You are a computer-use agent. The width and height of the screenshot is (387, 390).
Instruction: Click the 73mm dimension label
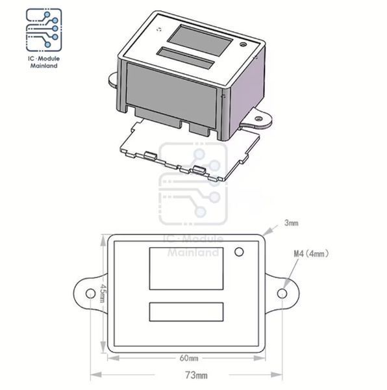pos(196,375)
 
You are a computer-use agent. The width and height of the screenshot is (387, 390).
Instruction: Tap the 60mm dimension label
pos(189,358)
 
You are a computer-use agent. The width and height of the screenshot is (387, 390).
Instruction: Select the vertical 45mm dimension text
pos(103,293)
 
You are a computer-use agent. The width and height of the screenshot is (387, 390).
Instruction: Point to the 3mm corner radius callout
pos(291,223)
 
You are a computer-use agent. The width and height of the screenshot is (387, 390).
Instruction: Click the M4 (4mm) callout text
pos(311,253)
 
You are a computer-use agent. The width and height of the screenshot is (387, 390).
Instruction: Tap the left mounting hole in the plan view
pos(90,294)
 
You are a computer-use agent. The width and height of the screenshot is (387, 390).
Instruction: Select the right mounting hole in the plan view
pos(282,294)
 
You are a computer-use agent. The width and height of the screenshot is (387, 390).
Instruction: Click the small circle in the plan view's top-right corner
pos(239,252)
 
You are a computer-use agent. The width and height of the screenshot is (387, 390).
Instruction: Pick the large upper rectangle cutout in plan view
pos(186,268)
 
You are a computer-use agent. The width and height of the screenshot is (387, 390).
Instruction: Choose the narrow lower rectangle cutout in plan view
pos(186,312)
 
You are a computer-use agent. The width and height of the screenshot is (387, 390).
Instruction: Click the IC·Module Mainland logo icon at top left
pos(44,30)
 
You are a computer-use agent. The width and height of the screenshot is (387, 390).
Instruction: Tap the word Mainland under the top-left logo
pos(44,66)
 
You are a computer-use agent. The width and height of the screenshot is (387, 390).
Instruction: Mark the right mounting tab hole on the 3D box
pos(258,119)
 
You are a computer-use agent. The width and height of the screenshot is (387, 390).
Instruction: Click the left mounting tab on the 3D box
pos(113,79)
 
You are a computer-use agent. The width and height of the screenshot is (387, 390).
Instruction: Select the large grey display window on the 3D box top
pos(200,40)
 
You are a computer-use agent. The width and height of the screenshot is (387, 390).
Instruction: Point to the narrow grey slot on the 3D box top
pos(186,58)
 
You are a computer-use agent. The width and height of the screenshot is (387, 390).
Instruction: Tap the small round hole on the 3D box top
pos(243,45)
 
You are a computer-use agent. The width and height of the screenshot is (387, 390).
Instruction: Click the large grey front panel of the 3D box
pos(171,95)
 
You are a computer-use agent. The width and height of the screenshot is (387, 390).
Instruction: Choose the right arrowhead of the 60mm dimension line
pos(259,358)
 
